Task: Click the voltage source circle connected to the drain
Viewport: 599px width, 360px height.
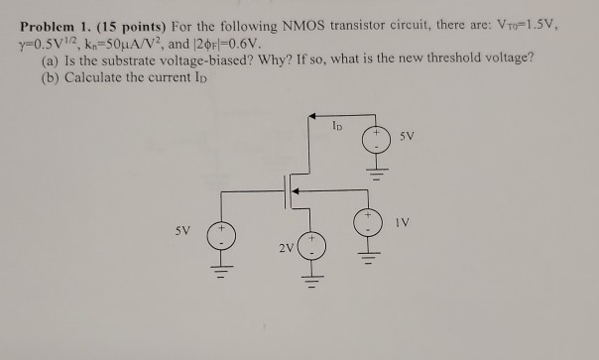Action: [x=375, y=141]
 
